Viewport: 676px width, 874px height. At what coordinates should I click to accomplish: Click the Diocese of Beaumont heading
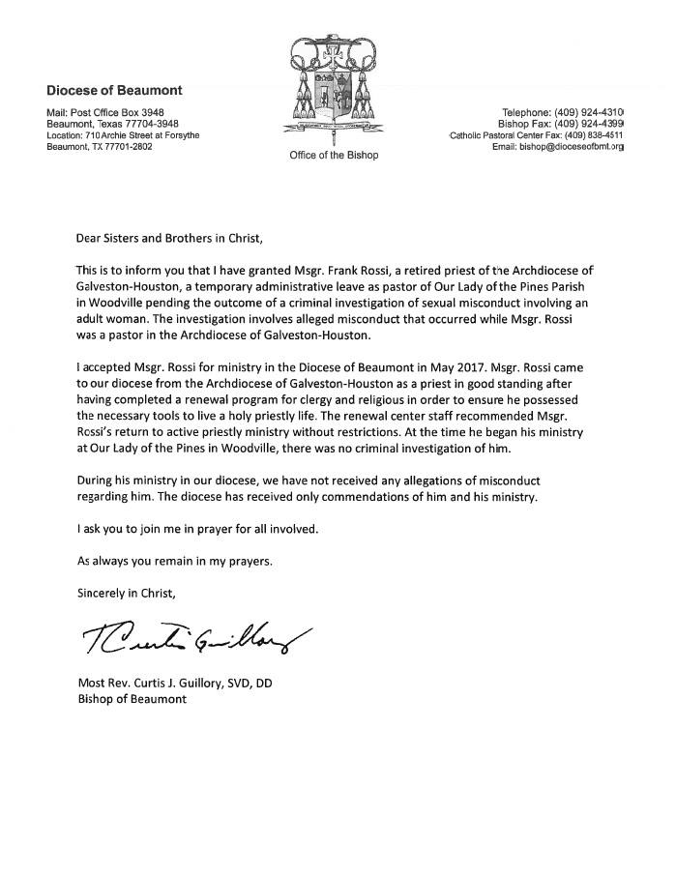pyautogui.click(x=114, y=91)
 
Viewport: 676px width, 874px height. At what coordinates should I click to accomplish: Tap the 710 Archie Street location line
pyautogui.click(x=124, y=135)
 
